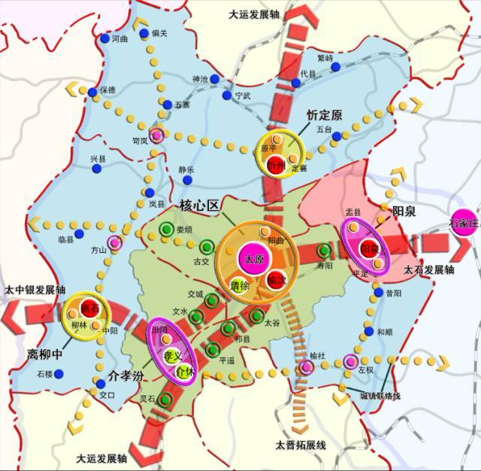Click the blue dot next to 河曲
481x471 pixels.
pos(104,38)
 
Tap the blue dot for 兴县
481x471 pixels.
pos(97,169)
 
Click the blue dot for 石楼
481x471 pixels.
pos(59,373)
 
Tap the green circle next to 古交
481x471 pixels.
pos(207,245)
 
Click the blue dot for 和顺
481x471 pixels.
pos(368,331)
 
